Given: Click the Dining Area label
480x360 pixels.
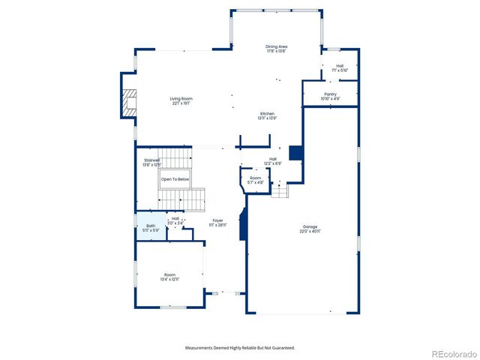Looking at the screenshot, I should pyautogui.click(x=277, y=46).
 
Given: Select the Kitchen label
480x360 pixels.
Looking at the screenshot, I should pyautogui.click(x=268, y=113).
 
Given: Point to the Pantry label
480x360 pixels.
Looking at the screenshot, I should pyautogui.click(x=330, y=94).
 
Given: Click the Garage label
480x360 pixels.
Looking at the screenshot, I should pyautogui.click(x=310, y=226).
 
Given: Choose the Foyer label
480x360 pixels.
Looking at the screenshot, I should pyautogui.click(x=217, y=220).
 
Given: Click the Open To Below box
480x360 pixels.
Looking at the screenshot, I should pyautogui.click(x=174, y=180).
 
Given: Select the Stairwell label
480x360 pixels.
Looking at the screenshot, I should pyautogui.click(x=152, y=160).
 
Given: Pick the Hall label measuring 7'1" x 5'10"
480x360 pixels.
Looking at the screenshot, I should pyautogui.click(x=340, y=66).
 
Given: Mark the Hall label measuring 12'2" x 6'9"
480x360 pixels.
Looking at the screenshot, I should pyautogui.click(x=273, y=159).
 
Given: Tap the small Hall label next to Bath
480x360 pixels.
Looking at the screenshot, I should pyautogui.click(x=175, y=218).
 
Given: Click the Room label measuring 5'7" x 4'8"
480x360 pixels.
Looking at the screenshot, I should pyautogui.click(x=256, y=178).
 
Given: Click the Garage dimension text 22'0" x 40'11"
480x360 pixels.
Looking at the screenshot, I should pyautogui.click(x=310, y=232).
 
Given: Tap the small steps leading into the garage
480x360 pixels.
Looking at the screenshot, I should pyautogui.click(x=279, y=192).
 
